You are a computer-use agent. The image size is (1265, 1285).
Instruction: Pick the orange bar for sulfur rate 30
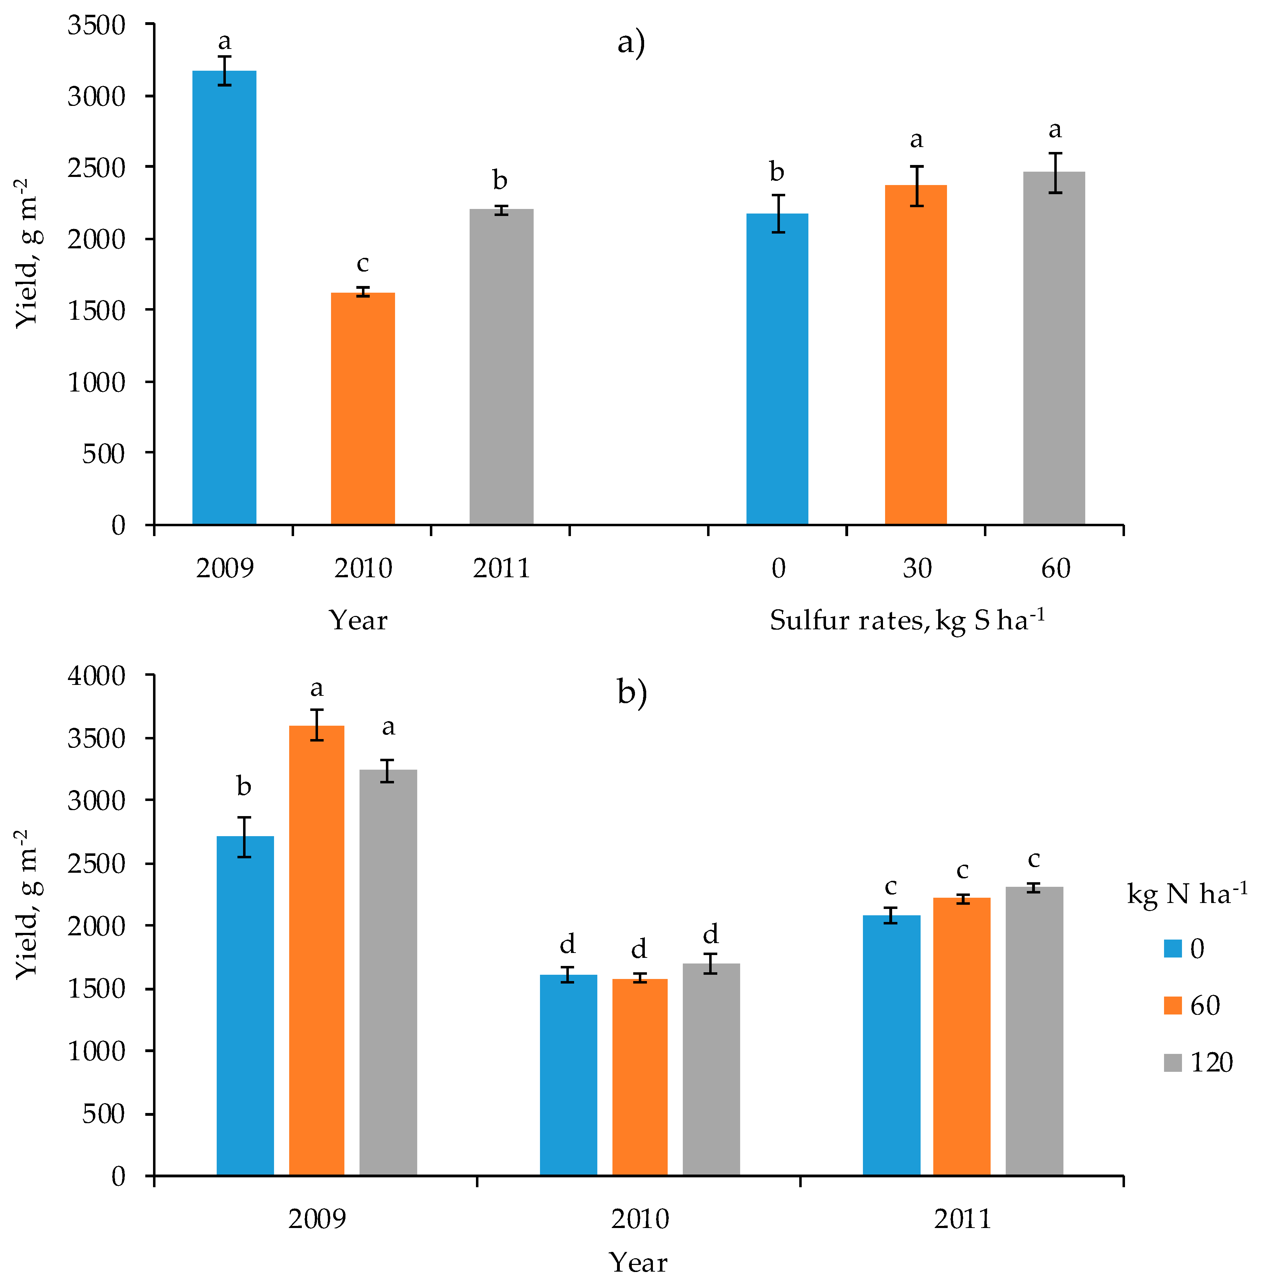(916, 356)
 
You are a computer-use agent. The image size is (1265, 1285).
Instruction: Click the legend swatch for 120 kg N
(1172, 1062)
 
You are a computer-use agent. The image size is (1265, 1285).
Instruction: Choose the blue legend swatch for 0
(1172, 948)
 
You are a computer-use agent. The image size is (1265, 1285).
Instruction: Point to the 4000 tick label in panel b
(96, 676)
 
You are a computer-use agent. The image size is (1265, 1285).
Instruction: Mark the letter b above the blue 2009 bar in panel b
(244, 787)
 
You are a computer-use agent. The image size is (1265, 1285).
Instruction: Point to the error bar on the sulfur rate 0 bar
(777, 213)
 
